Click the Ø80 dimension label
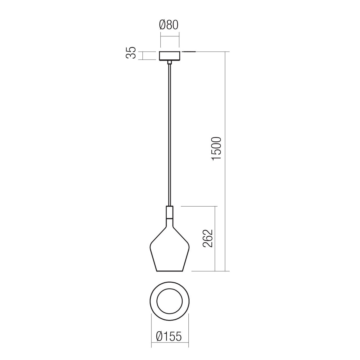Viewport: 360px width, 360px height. tap(169, 25)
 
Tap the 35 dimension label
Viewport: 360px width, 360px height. tap(131, 53)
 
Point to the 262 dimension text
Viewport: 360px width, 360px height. tap(208, 238)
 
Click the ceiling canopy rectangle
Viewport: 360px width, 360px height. tap(170, 56)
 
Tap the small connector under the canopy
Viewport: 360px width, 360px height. tap(170, 62)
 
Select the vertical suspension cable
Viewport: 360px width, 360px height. tap(170, 135)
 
